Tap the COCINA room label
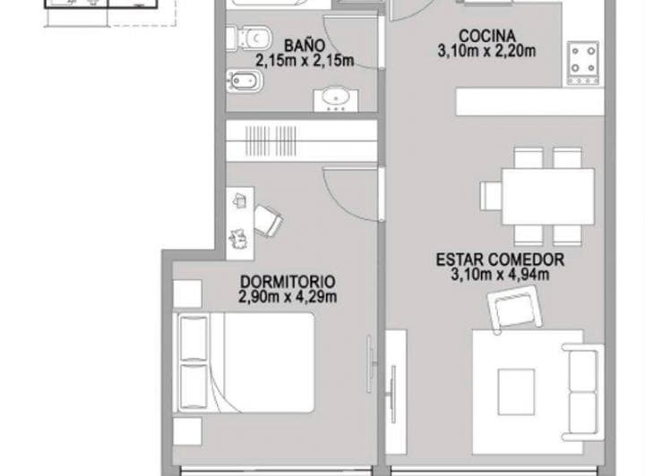(486, 37)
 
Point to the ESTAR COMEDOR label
(500, 259)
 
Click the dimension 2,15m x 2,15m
(305, 62)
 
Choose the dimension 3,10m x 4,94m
(500, 275)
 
